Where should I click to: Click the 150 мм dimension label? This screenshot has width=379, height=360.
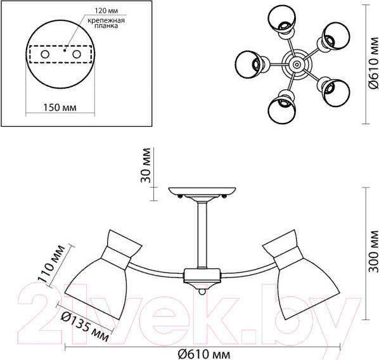click(60, 107)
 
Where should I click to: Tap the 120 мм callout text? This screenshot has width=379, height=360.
click(106, 11)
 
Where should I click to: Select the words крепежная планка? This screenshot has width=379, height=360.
click(106, 23)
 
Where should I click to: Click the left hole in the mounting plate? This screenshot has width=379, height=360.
click(45, 54)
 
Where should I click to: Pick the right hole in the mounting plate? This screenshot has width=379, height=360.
click(77, 54)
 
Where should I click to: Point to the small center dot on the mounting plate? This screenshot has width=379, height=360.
click(64, 50)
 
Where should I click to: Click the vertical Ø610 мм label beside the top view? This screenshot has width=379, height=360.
click(373, 63)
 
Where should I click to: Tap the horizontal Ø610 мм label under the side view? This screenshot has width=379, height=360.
click(204, 354)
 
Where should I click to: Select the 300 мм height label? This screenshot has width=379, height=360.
click(374, 252)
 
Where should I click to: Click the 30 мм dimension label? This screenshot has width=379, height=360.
click(146, 165)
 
